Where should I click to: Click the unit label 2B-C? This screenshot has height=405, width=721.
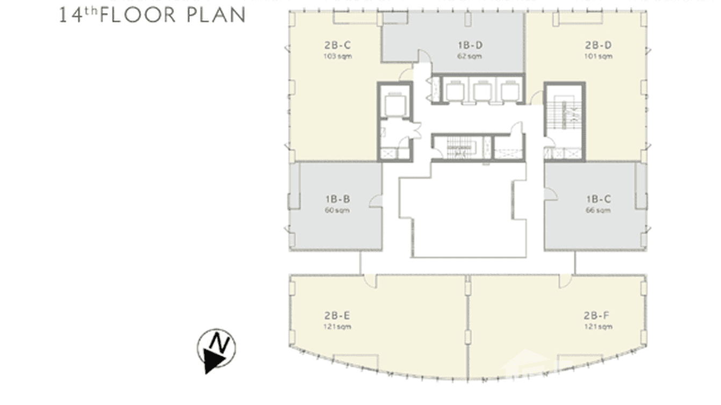[337, 46]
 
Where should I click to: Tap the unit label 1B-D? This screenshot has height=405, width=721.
[470, 46]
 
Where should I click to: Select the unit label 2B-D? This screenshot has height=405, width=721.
[598, 46]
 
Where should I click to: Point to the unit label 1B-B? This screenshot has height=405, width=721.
[337, 199]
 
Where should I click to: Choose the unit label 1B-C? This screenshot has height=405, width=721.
[598, 199]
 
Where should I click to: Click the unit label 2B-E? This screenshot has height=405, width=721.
[337, 316]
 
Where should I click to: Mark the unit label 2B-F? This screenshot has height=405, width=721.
[598, 316]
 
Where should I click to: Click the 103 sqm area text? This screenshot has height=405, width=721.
[337, 56]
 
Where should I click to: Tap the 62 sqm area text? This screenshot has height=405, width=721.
[470, 56]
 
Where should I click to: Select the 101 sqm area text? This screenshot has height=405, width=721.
[598, 56]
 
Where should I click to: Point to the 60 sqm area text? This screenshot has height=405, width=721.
[337, 211]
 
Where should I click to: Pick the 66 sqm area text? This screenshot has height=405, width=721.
[598, 211]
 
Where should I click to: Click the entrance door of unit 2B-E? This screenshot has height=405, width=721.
[370, 280]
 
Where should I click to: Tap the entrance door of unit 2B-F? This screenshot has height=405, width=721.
[565, 280]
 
